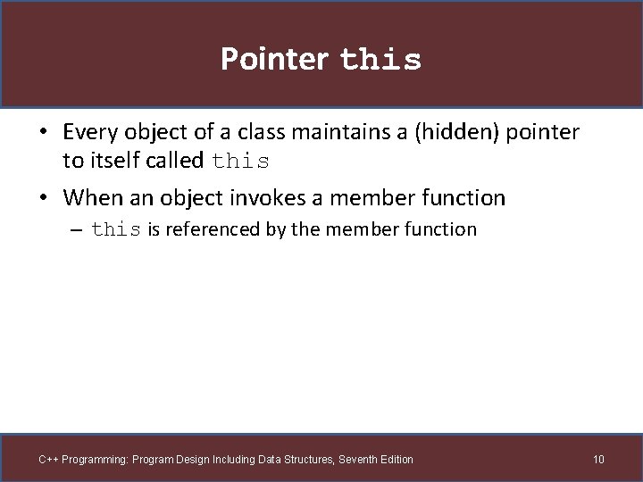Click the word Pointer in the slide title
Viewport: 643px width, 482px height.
pos(274,59)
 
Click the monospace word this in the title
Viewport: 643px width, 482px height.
pos(380,61)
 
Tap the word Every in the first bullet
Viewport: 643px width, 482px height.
pos(91,133)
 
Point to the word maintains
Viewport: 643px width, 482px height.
pos(327,133)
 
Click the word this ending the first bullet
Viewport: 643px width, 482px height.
pos(241,162)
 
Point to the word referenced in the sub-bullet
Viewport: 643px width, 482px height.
pos(212,229)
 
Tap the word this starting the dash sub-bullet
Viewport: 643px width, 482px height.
pos(116,230)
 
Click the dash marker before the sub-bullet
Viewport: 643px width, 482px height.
pos(77,230)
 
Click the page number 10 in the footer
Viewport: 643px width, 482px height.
pos(598,460)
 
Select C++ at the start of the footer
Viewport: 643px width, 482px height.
pos(48,460)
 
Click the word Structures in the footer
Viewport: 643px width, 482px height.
pos(308,460)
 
